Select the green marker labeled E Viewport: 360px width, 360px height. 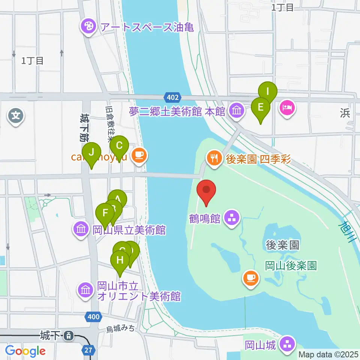260,108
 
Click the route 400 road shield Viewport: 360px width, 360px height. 93,317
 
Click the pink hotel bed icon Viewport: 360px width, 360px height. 287,109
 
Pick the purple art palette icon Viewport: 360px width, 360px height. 88,27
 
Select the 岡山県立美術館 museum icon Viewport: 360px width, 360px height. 81,229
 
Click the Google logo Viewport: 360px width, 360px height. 25,351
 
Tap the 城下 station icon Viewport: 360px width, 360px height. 69,335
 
